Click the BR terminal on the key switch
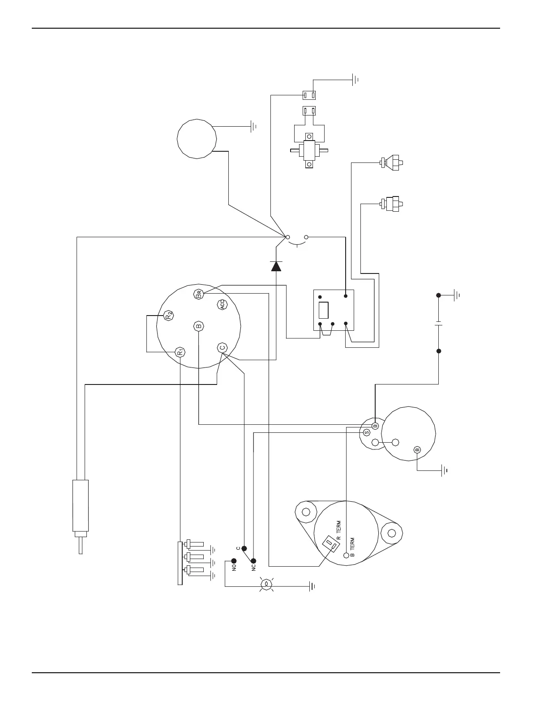199,294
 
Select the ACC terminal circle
223,305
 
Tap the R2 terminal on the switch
168,316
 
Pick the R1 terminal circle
180,351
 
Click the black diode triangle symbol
276,266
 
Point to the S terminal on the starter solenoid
367,432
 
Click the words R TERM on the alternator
338,530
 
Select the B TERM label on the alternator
352,547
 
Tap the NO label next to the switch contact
234,568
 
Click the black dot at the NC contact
253,561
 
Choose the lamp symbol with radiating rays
266,584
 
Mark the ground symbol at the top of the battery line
457,295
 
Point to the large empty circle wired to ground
197,138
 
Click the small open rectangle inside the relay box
323,310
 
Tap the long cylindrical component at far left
81,506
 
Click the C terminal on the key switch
222,348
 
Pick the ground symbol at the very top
356,80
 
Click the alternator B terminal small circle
346,556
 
